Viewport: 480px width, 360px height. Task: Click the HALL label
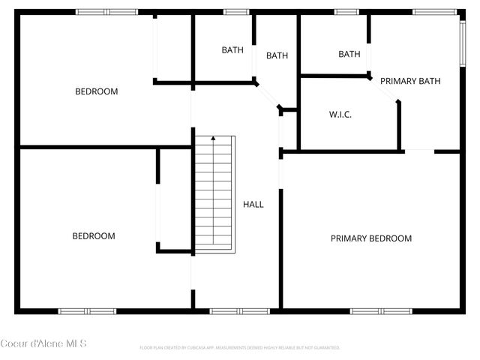[253, 204]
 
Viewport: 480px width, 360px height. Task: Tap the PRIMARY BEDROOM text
[371, 238]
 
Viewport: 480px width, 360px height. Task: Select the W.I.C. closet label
[340, 115]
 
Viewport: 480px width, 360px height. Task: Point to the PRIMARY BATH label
[409, 81]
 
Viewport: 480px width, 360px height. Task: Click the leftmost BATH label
[232, 50]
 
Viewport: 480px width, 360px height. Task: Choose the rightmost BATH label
[349, 54]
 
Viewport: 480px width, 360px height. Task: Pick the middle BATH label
[277, 55]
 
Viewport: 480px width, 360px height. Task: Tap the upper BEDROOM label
[97, 91]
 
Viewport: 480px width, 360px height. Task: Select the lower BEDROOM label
[94, 235]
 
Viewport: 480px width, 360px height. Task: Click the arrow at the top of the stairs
[214, 139]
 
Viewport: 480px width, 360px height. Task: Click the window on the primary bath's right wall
[463, 43]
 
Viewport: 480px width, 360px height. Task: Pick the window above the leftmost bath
[236, 12]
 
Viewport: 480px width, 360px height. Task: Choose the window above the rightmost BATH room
[346, 12]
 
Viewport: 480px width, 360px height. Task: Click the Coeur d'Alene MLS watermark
[43, 343]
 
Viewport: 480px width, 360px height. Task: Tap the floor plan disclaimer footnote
[240, 348]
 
